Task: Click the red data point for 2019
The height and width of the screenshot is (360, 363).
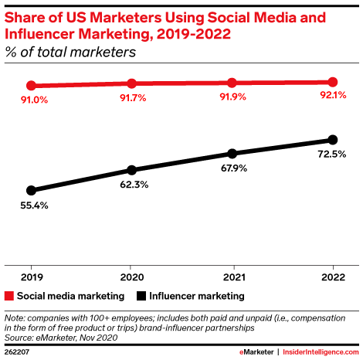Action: coord(31,85)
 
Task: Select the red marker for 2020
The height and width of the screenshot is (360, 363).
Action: coord(131,83)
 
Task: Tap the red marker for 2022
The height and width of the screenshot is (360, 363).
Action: coord(332,82)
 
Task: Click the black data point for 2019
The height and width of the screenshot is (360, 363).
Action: coord(31,190)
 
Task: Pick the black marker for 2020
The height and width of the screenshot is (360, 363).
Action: coord(131,170)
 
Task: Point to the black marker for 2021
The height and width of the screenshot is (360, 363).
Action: coord(232,153)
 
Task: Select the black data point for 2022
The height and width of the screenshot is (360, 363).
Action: coord(332,140)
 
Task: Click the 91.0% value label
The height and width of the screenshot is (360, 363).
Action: coord(31,100)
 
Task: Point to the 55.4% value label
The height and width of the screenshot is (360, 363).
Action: coord(31,205)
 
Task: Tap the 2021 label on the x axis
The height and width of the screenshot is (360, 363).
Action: coord(232,275)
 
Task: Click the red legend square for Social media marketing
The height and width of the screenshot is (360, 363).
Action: coord(9,296)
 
